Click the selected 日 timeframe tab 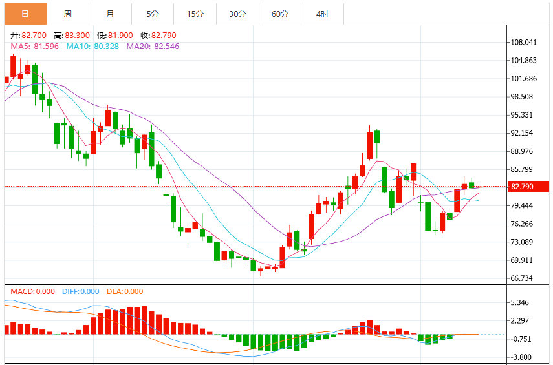[x=25, y=14]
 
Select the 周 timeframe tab [x=68, y=14]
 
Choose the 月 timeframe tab [x=110, y=14]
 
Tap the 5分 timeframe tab [x=153, y=14]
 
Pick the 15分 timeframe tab [x=195, y=14]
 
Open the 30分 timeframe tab [x=238, y=14]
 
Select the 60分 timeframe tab [x=280, y=14]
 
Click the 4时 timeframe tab [x=322, y=14]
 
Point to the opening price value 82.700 [x=34, y=36]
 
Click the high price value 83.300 [x=77, y=36]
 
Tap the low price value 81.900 [x=120, y=36]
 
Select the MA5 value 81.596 [x=46, y=47]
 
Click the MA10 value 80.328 [x=106, y=47]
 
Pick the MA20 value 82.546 [x=166, y=47]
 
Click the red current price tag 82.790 [x=528, y=186]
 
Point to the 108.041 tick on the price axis [x=524, y=42]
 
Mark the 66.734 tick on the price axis [x=522, y=278]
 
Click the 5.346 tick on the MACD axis [x=520, y=302]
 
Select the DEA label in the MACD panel [x=114, y=292]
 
